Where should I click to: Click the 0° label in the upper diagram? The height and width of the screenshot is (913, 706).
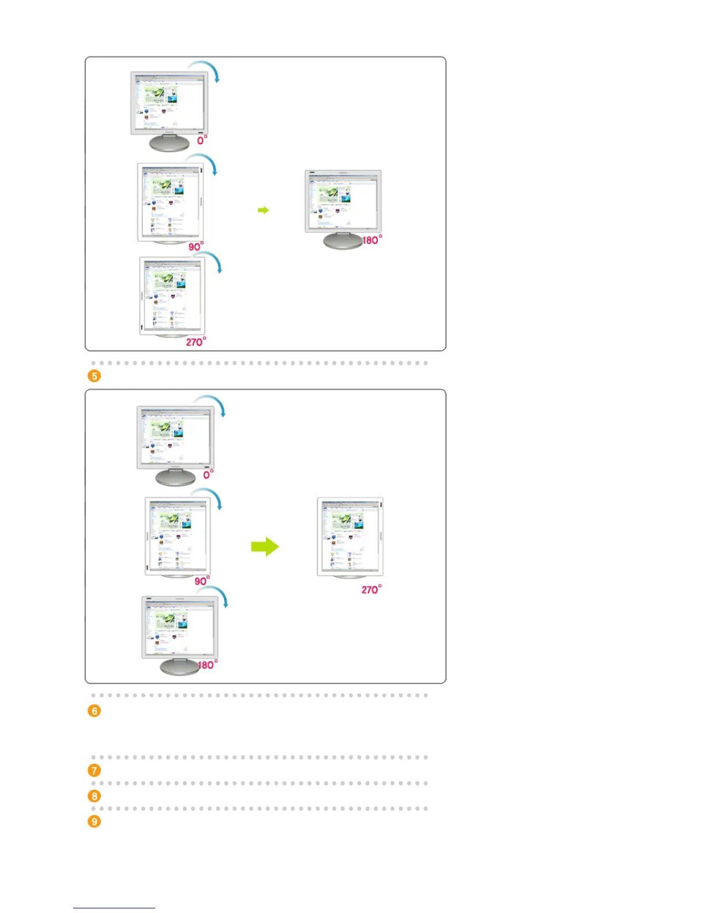point(201,140)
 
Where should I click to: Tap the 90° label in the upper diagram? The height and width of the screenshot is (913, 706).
point(196,247)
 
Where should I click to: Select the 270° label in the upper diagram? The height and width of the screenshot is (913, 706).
point(196,342)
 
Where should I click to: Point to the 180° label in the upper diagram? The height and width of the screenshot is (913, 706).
point(371,240)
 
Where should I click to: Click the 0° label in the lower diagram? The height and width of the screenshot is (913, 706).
point(208,474)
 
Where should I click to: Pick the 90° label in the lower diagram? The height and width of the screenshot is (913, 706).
point(202,581)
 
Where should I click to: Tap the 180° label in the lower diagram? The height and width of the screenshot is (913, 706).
point(207,665)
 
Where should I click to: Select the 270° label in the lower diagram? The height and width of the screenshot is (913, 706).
point(371,590)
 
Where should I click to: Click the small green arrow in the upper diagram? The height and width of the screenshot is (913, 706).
point(263,210)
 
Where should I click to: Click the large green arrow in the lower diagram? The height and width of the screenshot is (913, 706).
point(265,546)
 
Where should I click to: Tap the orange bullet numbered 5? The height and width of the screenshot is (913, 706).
point(94,376)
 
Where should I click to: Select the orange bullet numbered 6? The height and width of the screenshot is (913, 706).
point(94,711)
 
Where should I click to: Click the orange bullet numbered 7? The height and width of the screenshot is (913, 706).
point(94,770)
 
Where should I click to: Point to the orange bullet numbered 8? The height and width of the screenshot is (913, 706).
point(94,796)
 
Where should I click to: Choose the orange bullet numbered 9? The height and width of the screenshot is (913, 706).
point(94,821)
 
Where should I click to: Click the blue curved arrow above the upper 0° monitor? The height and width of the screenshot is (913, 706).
point(206,67)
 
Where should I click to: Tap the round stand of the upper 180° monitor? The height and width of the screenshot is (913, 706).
point(343,240)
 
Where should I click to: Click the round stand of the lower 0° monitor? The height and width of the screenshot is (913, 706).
point(176,477)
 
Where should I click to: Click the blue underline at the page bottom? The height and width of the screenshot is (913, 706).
point(114,908)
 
